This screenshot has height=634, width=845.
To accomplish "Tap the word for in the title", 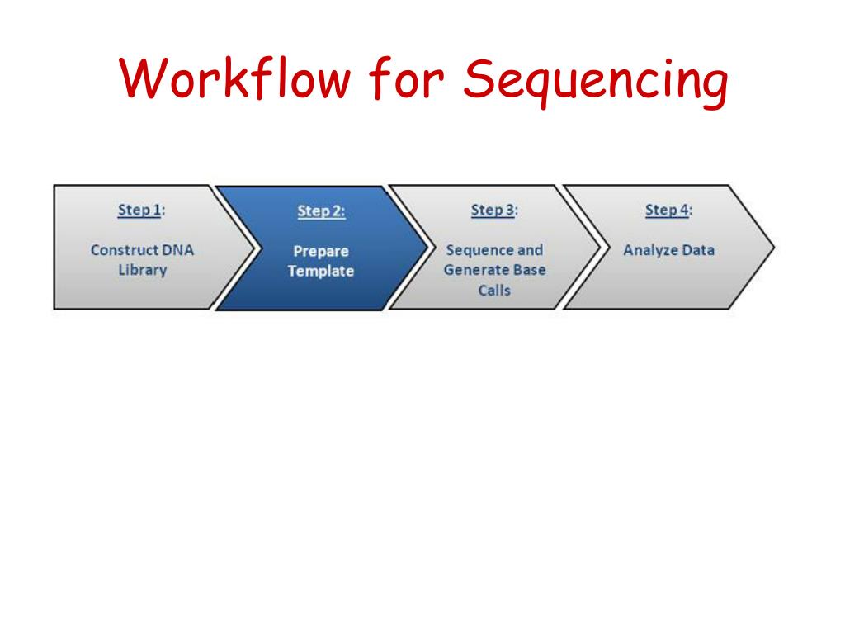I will tap(406, 80).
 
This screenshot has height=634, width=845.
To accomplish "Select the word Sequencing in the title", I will tap(595, 83).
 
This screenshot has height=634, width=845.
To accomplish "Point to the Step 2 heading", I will tap(321, 211).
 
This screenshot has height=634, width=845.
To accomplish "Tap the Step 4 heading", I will tap(668, 210).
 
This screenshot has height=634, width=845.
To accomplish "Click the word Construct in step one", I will tap(124, 250).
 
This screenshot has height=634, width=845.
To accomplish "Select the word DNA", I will tap(177, 250).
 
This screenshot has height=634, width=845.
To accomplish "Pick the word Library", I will tap(142, 270).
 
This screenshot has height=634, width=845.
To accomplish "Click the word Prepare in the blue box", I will tap(321, 251).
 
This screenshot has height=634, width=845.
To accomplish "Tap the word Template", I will tap(321, 271).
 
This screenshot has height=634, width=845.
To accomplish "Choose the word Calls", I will tap(494, 290).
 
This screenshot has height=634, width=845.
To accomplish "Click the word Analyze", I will tap(651, 250).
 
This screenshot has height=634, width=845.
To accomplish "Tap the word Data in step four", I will tap(698, 250).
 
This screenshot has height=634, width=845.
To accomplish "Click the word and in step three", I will tap(531, 250).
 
